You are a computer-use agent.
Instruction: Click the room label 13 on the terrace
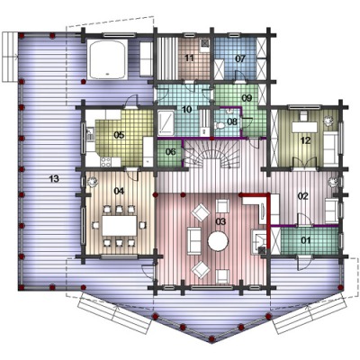[54, 179]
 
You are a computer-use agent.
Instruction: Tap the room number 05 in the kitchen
[119, 135]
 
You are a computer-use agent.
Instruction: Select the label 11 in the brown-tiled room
[189, 58]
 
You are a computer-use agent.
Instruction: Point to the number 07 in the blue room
[240, 58]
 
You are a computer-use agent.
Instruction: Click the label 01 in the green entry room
[306, 240]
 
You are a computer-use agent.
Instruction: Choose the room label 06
[170, 152]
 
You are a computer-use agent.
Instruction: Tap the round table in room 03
[218, 240]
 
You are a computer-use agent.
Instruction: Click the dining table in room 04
[120, 226]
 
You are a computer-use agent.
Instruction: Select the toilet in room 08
[219, 125]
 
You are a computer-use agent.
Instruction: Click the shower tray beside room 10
[166, 122]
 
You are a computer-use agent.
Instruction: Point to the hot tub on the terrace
[107, 59]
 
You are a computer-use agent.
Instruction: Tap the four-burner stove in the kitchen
[105, 162]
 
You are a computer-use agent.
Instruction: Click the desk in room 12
[305, 127]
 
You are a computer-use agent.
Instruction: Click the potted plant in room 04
[92, 182]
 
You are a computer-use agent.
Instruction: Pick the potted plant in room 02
[332, 182]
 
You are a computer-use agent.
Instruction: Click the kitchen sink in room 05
[89, 134]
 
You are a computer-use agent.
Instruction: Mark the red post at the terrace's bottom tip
[211, 339]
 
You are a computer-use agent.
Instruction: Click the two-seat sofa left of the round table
[194, 241]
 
